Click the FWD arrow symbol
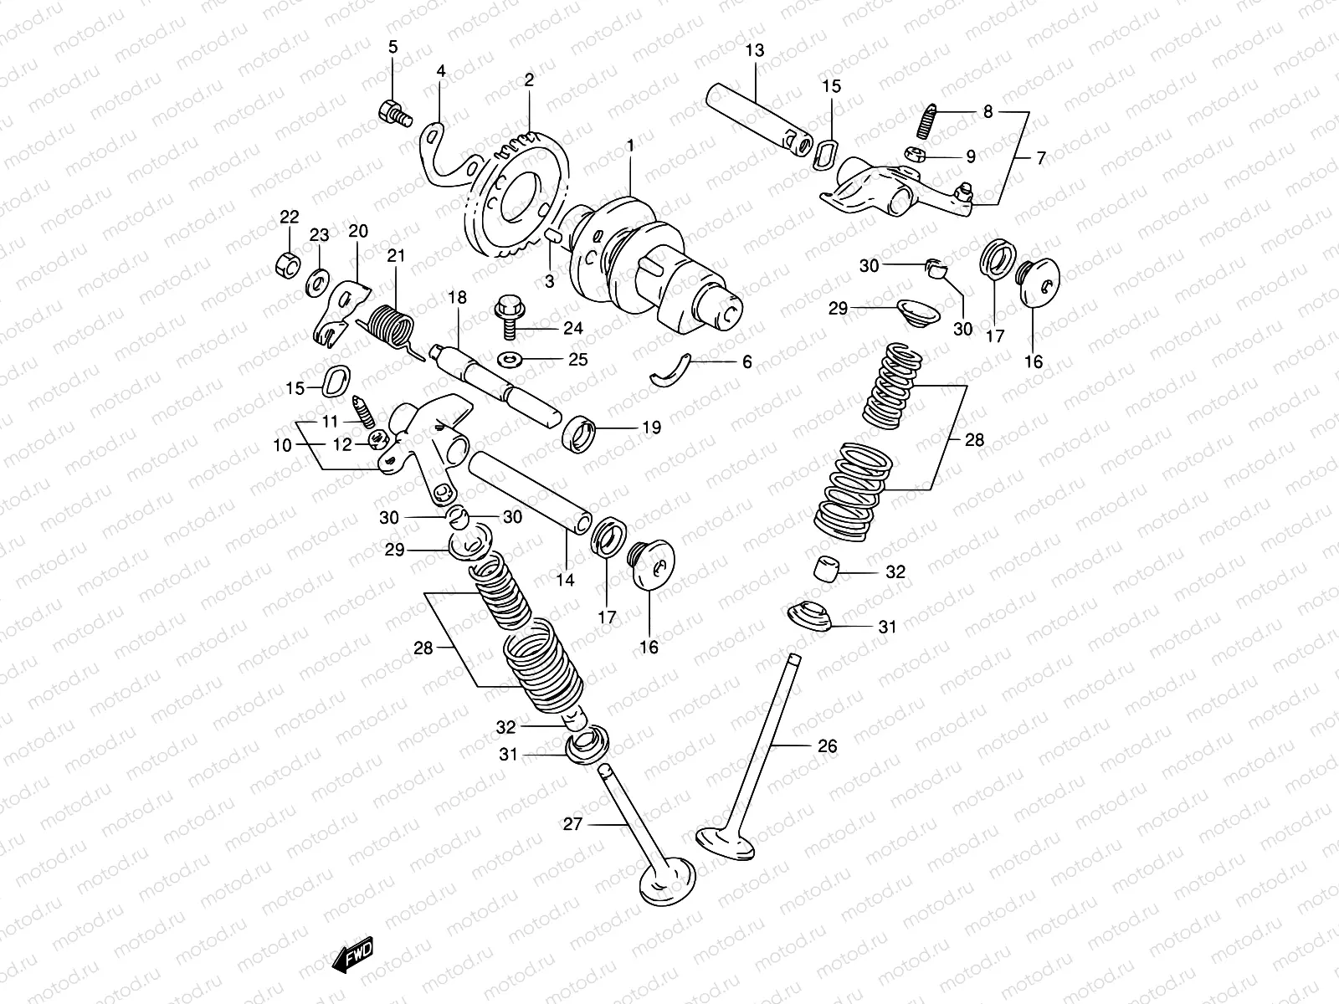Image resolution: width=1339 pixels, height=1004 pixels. coord(352,955)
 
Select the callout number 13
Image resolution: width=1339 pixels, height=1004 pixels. coord(754,51)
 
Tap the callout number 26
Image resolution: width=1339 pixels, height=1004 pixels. coord(827,746)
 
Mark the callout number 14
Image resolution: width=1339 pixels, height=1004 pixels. coord(566,579)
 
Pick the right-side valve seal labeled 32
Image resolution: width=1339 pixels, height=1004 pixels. coord(828,568)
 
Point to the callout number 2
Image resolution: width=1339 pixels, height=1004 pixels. coord(529,80)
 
